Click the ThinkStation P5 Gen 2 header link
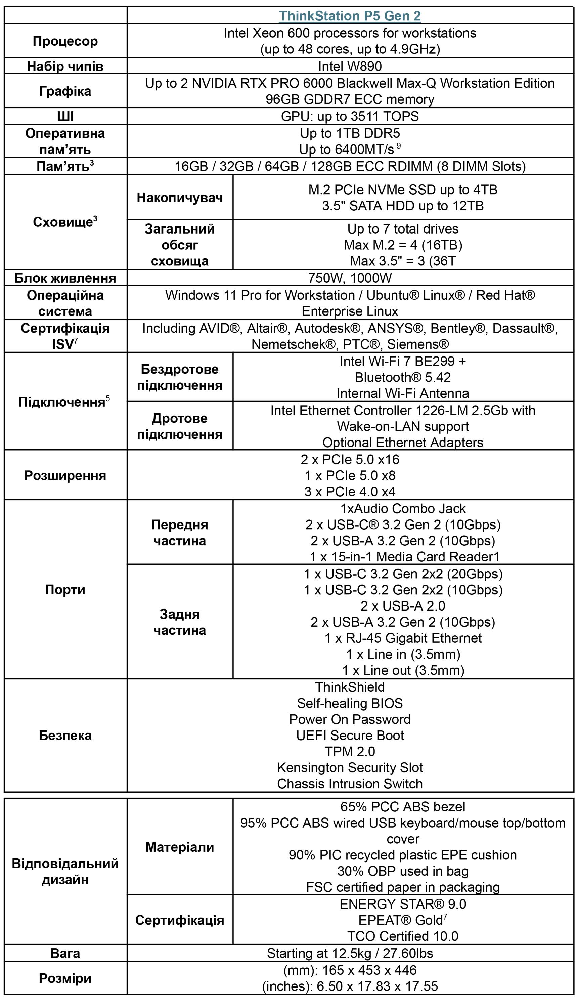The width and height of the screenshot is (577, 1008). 350,16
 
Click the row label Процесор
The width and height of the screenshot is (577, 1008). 65,41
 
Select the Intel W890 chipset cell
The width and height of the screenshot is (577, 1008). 350,66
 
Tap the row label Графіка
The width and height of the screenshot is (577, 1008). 65,91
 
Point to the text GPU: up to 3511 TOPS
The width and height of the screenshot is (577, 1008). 350,116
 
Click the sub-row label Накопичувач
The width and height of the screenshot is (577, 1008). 180,197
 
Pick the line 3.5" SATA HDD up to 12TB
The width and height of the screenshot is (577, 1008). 403,206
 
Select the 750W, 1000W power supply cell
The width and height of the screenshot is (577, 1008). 350,278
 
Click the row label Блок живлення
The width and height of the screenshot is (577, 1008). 65,278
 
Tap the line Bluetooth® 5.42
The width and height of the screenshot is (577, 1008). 403,377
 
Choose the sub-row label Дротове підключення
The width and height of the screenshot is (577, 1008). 180,426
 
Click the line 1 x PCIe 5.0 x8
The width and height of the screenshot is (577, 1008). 350,475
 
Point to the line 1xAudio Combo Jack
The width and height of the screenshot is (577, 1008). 403,509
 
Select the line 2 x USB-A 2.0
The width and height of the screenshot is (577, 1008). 403,606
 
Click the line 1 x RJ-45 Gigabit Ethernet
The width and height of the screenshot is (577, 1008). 403,638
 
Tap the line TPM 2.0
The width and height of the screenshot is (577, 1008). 350,751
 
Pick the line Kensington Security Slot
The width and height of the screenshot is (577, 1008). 350,767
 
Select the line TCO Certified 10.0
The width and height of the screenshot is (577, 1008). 403,936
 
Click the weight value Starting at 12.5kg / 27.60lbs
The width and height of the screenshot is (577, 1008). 350,953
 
